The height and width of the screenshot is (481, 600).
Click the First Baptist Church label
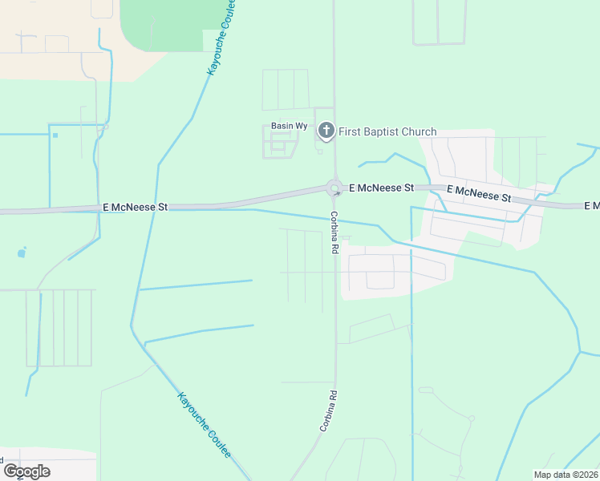(387, 132)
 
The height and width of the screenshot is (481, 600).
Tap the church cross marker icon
(326, 130)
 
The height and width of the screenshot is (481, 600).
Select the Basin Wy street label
(289, 127)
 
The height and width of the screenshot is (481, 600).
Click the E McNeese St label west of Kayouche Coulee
(135, 207)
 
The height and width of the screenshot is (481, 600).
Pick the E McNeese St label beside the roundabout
(381, 188)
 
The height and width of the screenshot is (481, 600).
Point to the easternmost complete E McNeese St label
(478, 193)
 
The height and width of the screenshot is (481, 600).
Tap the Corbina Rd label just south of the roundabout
(330, 233)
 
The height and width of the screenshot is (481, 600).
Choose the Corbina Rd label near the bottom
(329, 411)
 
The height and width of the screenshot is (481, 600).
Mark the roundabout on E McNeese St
(334, 188)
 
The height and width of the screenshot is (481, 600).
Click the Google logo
(26, 471)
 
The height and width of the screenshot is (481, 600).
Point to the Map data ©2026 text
(566, 475)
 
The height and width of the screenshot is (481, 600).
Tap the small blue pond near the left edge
(21, 253)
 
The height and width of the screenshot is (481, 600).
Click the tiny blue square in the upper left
(55, 135)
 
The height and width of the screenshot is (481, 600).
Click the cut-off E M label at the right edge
(593, 206)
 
